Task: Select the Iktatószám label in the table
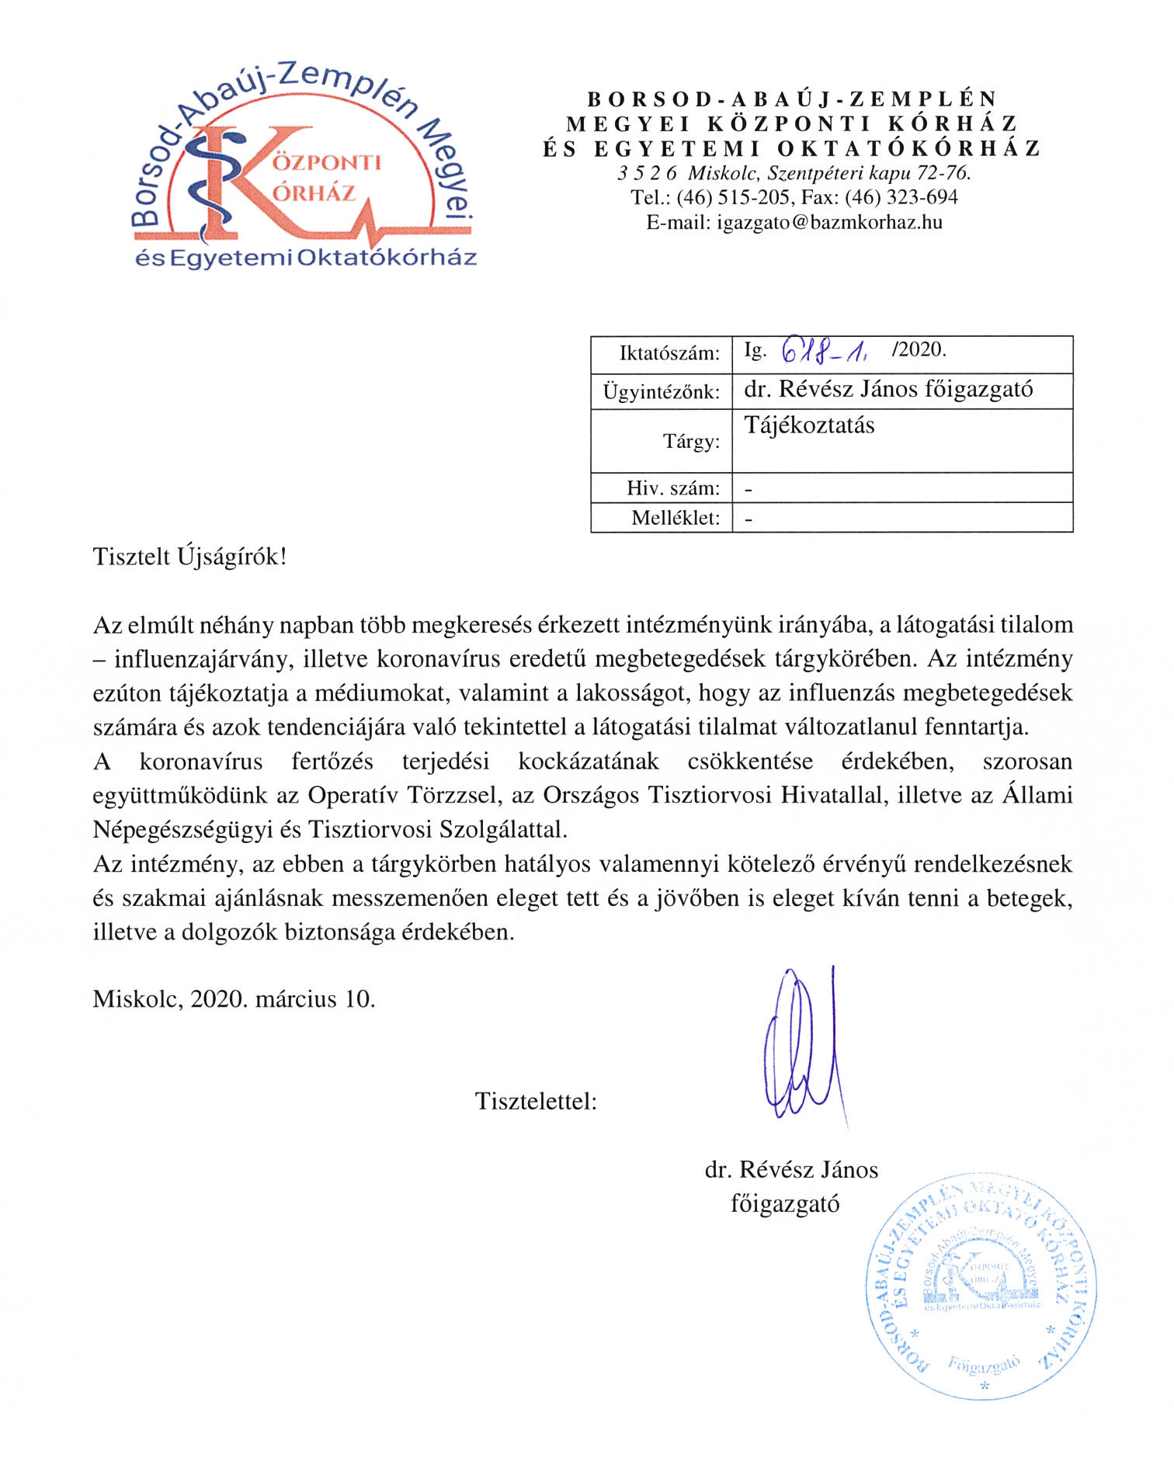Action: coord(669,354)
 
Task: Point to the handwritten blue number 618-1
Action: coord(825,351)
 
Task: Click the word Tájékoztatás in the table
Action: coord(809,425)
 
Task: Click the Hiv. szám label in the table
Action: coord(673,488)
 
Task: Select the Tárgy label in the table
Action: coord(691,442)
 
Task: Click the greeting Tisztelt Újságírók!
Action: coord(189,557)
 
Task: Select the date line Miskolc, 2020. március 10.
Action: coord(234,999)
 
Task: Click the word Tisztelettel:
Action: coord(536,1102)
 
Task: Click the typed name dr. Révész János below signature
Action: coord(791,1170)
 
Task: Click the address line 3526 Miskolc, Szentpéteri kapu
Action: coord(794,172)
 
